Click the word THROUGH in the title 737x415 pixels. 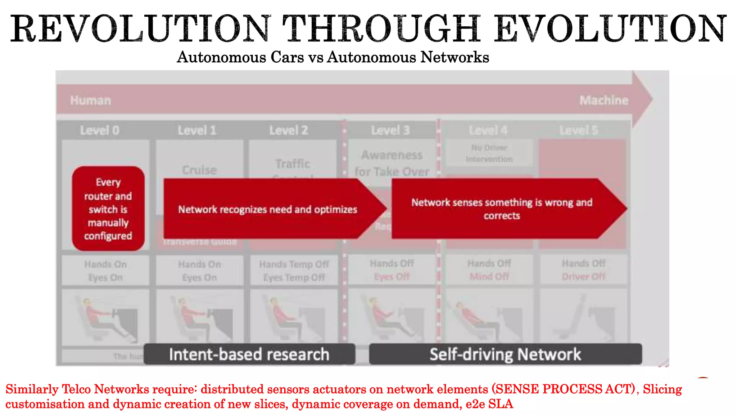(381, 29)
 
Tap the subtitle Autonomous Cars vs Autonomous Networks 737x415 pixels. (333, 57)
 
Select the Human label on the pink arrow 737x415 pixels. (90, 100)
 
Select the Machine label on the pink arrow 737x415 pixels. (604, 100)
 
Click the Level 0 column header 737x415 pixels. (100, 130)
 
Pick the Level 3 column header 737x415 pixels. (390, 130)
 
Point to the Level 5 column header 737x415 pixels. (579, 130)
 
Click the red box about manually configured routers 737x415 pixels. (108, 209)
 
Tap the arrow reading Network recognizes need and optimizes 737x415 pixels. (267, 209)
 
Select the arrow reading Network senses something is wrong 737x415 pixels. (502, 209)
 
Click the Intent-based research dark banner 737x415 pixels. (249, 354)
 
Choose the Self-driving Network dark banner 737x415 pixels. (505, 354)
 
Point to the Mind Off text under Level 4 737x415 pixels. (489, 277)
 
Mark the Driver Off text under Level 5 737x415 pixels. (584, 277)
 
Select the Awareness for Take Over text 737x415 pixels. (392, 163)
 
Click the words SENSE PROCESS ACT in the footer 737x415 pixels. (564, 389)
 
